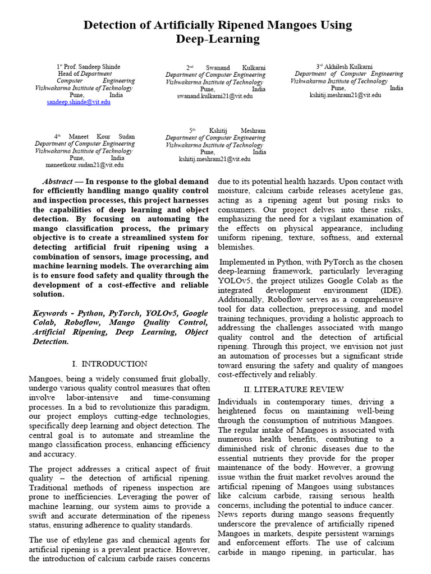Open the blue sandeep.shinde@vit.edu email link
click(79, 103)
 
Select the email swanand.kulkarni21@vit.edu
click(215, 96)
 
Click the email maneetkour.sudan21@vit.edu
click(85, 165)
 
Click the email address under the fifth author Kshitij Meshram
click(215, 159)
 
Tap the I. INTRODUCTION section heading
click(111, 364)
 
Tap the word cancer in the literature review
click(388, 506)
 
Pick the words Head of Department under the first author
click(85, 73)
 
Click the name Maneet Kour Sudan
click(102, 136)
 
